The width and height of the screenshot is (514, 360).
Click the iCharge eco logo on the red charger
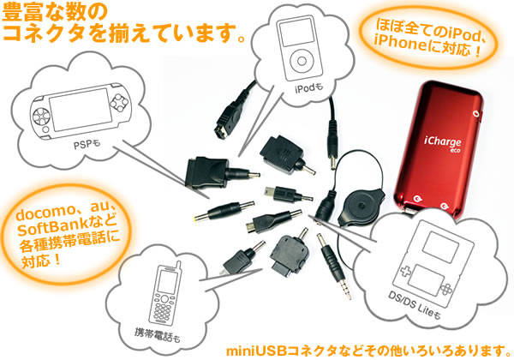tap(444, 144)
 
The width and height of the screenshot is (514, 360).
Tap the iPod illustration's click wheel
tap(302, 61)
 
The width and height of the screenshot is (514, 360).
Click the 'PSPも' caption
tap(87, 144)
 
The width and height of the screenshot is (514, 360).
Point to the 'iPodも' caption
tap(308, 87)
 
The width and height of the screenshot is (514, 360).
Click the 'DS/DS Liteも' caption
tap(415, 305)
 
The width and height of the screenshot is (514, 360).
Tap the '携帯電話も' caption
tap(158, 335)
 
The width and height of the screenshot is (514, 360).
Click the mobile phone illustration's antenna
tap(178, 266)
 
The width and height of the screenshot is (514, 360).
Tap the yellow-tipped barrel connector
tap(224, 211)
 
